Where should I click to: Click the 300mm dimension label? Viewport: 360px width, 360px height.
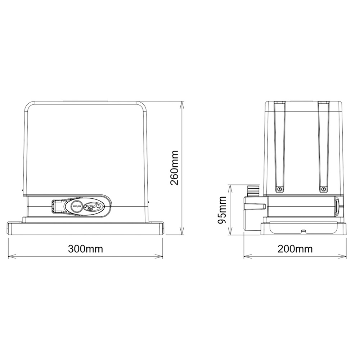point(86,249)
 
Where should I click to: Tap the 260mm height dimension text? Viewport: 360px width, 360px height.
point(175,167)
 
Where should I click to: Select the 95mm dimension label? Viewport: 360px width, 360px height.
point(222,210)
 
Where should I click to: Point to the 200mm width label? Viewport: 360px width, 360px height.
point(296,249)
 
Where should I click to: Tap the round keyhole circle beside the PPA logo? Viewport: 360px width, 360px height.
point(77,207)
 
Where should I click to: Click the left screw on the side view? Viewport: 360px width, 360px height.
point(279,189)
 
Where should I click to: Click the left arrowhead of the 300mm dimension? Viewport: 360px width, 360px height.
point(9,257)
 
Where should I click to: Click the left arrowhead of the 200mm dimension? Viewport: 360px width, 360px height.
point(245,257)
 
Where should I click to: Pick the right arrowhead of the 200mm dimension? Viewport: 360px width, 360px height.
point(346,257)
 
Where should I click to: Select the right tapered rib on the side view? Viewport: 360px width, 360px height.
point(323,144)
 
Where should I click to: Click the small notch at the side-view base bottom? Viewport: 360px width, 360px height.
point(303,230)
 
